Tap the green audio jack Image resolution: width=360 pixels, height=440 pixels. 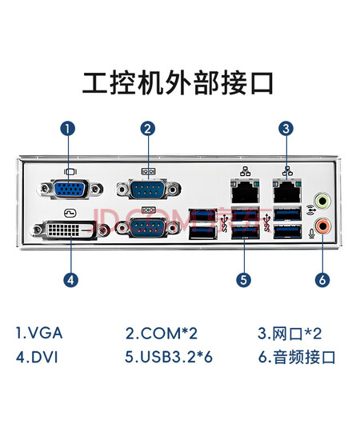click(x=322, y=201)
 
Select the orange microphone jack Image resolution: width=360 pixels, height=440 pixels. click(x=322, y=226)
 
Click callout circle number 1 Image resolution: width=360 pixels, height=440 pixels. click(x=68, y=129)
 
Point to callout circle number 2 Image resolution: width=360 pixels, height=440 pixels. click(x=148, y=129)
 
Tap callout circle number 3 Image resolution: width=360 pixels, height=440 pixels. click(x=286, y=129)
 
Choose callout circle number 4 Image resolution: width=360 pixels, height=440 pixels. click(x=70, y=280)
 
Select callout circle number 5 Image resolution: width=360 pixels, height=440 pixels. click(x=243, y=280)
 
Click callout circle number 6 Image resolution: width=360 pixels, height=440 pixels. click(x=322, y=280)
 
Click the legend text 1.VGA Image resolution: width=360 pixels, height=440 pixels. click(x=39, y=333)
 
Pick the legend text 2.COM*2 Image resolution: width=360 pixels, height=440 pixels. click(x=162, y=333)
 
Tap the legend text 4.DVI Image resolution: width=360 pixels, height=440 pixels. click(x=37, y=358)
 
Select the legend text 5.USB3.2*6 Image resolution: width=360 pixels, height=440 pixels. click(x=169, y=358)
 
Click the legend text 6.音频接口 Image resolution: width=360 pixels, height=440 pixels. click(x=297, y=358)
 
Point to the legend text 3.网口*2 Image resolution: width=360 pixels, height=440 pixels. click(x=290, y=333)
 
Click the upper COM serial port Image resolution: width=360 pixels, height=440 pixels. click(x=149, y=189)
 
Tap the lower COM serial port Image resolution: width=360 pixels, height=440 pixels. click(x=149, y=227)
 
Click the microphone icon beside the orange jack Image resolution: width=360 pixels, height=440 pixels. click(x=311, y=234)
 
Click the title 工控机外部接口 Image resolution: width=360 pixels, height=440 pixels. click(x=178, y=83)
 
